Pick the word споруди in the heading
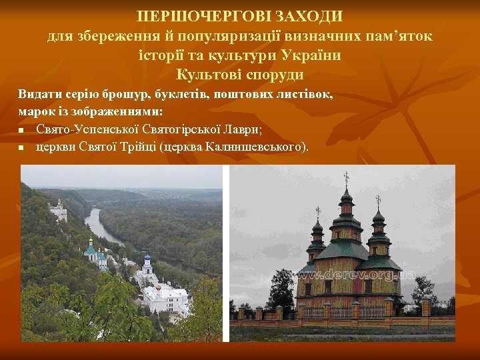(x=273, y=74)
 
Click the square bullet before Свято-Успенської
(x=21, y=129)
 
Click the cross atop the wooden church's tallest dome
(x=345, y=178)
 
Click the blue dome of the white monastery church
(x=147, y=261)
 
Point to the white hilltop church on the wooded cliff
(x=59, y=211)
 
